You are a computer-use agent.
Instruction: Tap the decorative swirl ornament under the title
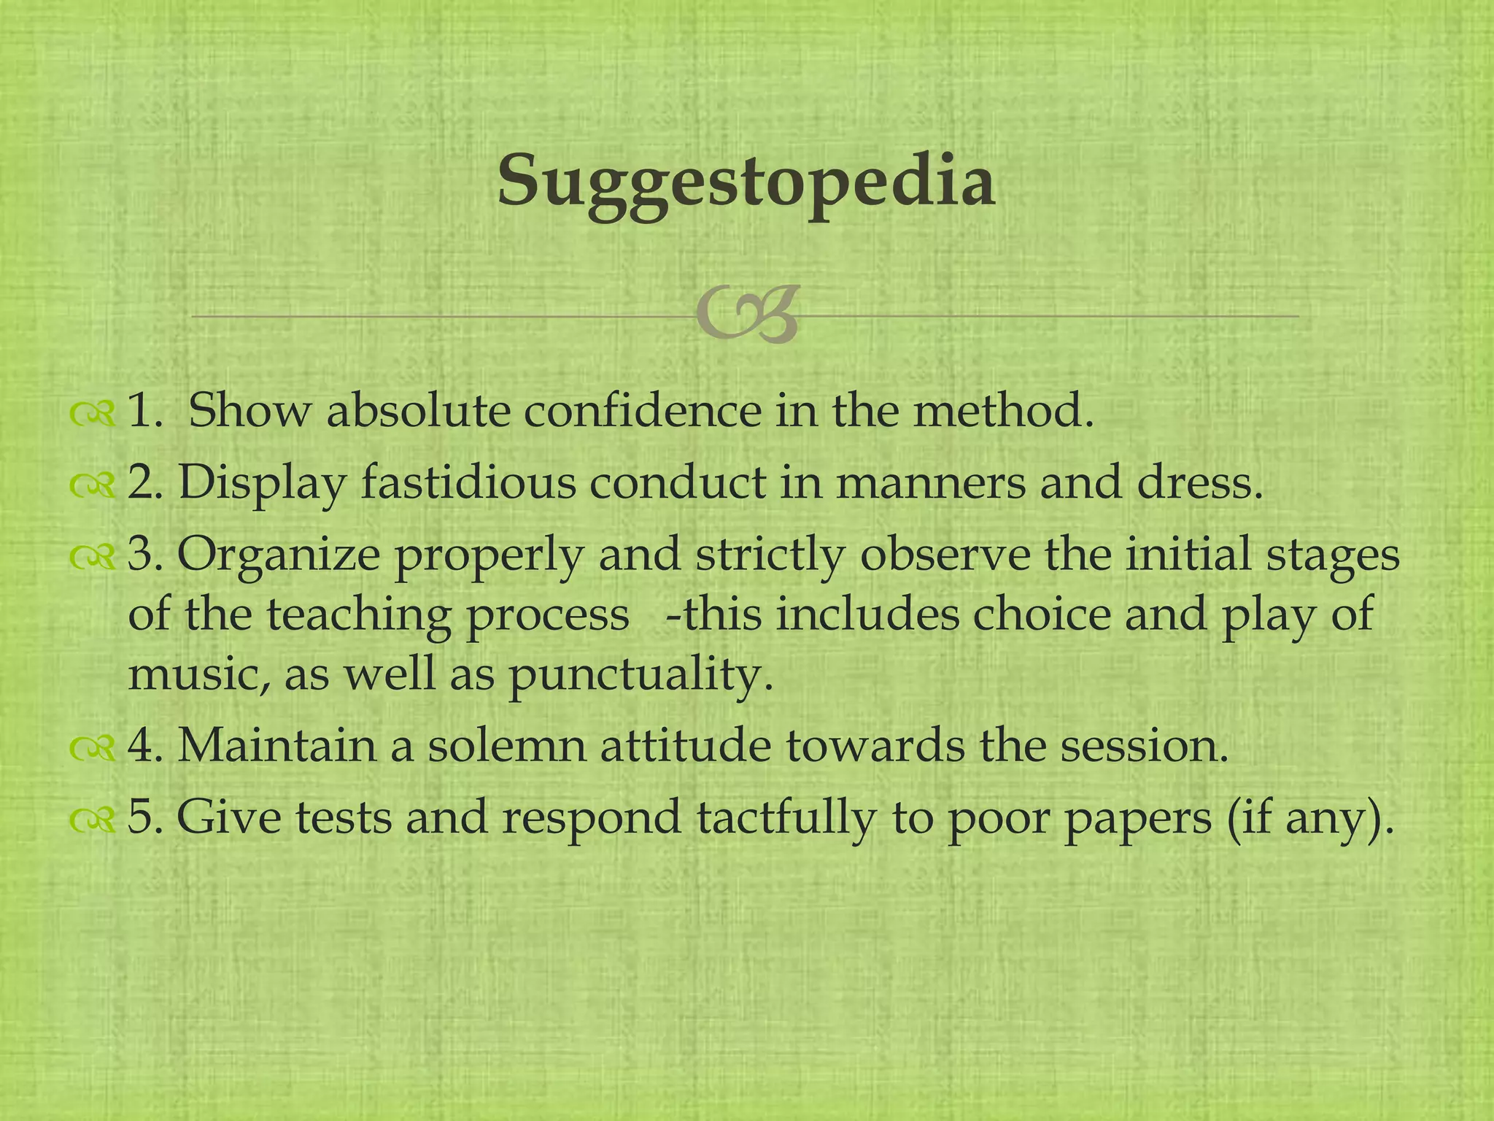click(746, 316)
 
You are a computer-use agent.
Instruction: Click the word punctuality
click(640, 677)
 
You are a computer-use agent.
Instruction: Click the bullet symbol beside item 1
click(93, 414)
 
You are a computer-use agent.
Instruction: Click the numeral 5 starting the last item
click(139, 817)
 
